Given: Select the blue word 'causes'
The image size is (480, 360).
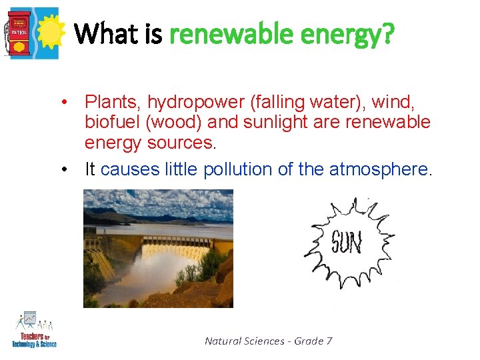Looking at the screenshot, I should pyautogui.click(x=131, y=169).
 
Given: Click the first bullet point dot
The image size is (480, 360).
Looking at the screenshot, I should pyautogui.click(x=62, y=103).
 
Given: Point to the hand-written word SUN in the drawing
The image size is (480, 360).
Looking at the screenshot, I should pyautogui.click(x=347, y=242).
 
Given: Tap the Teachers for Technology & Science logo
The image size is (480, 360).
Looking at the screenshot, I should pyautogui.click(x=34, y=329).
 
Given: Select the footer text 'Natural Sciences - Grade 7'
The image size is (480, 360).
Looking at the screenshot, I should pyautogui.click(x=269, y=341).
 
